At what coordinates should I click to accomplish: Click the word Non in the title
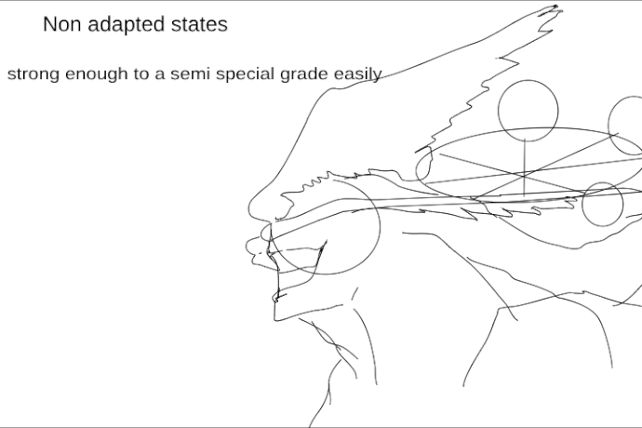point(61,24)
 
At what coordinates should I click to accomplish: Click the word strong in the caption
point(33,75)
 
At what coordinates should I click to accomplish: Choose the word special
point(246,75)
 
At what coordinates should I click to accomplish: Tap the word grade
point(304,75)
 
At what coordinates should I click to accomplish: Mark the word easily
point(358,75)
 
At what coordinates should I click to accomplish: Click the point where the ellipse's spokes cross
point(525,175)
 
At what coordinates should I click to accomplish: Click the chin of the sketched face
point(276,316)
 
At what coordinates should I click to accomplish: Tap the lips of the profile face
point(252,248)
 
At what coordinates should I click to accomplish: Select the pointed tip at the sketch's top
point(555,7)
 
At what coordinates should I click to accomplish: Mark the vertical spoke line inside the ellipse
point(525,167)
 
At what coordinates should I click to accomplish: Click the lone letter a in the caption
point(160,75)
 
